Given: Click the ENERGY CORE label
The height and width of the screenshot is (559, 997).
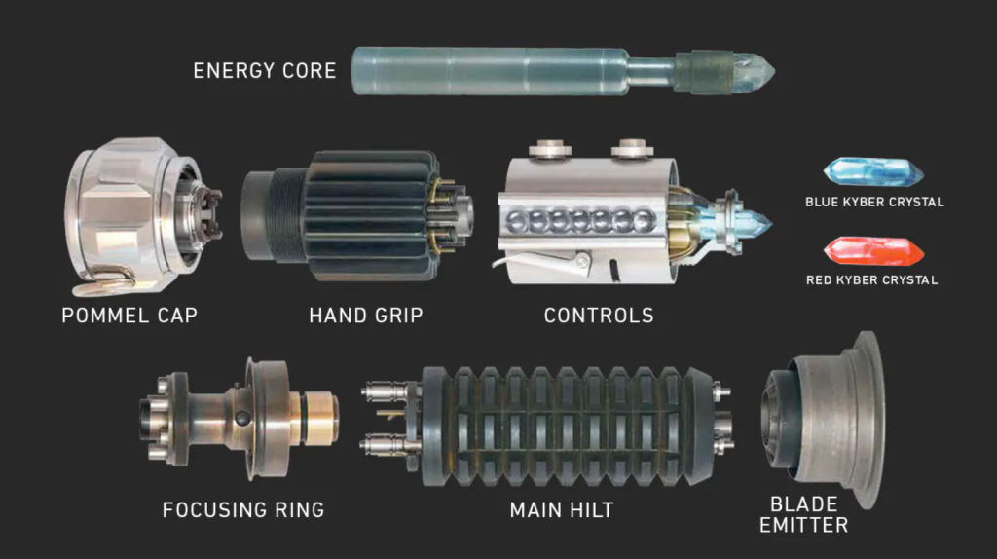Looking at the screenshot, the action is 265,70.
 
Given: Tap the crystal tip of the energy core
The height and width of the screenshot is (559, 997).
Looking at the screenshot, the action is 755,71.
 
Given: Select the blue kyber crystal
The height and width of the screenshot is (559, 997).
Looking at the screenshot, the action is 873,171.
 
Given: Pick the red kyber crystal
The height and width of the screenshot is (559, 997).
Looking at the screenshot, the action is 873,251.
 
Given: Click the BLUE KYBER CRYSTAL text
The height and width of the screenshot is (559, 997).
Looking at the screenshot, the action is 874,203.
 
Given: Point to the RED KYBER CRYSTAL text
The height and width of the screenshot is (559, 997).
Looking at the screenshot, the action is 871,280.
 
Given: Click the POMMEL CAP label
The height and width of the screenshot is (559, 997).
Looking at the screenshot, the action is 129,316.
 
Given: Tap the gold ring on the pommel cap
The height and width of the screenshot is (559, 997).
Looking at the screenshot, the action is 105,281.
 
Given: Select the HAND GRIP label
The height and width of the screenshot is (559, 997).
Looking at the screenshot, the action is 366,316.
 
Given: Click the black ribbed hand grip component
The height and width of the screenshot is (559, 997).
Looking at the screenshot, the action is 356,215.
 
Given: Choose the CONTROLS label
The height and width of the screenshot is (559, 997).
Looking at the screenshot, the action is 599,316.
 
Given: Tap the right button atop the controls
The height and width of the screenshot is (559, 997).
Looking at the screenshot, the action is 632,149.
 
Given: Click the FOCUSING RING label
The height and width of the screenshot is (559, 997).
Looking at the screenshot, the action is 242,510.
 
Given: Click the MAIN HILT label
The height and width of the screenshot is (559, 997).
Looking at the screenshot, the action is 562,510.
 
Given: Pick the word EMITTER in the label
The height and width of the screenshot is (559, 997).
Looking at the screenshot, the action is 803,526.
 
